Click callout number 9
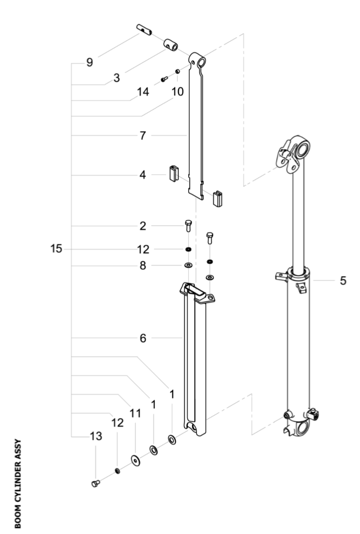[90, 63]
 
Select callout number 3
[117, 78]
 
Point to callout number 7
[143, 136]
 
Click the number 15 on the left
[56, 249]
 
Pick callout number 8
[143, 266]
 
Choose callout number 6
[143, 339]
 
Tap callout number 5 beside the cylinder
[343, 281]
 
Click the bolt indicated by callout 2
[188, 225]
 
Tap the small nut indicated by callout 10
[177, 71]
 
